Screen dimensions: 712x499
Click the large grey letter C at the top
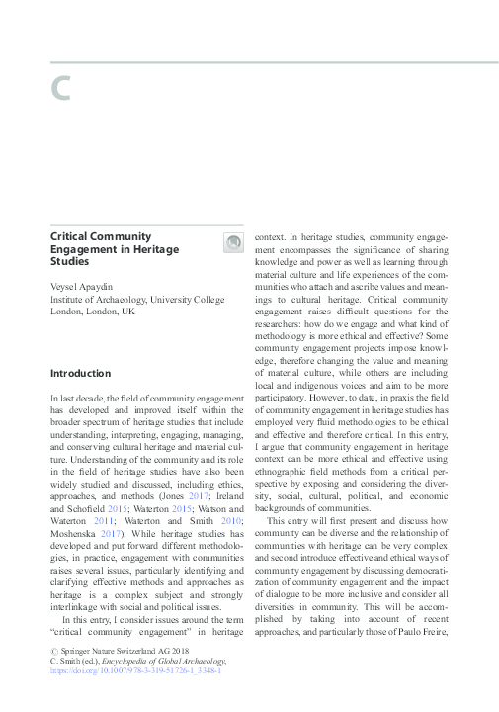[x=62, y=88]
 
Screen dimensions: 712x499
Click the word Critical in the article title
[x=72, y=237]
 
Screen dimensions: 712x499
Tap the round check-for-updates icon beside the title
[x=231, y=242]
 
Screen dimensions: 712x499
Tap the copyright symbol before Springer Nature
[x=53, y=650]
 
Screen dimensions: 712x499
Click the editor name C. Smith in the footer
[x=67, y=660]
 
